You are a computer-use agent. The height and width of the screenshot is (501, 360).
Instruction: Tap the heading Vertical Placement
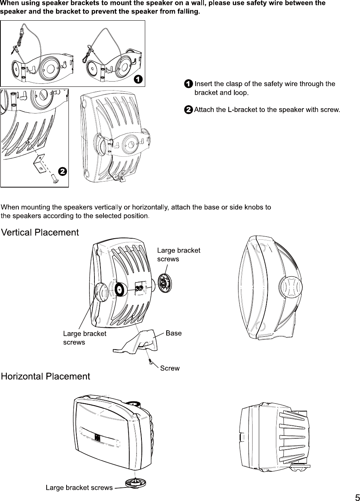[40, 233]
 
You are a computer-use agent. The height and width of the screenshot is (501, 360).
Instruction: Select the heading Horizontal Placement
[46, 377]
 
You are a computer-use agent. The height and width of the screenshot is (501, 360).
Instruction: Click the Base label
[173, 333]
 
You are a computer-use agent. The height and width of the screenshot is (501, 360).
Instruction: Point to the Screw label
[170, 368]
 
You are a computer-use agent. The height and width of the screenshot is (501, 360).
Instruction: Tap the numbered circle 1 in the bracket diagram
[138, 79]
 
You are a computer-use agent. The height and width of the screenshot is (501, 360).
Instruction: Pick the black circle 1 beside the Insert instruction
[188, 84]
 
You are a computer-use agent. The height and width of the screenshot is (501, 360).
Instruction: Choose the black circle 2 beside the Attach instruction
[188, 110]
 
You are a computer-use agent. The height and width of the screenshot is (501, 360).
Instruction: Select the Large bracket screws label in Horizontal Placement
[79, 488]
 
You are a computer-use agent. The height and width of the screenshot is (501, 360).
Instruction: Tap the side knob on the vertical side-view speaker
[290, 288]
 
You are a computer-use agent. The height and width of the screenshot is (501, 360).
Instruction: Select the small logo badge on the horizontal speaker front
[97, 437]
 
